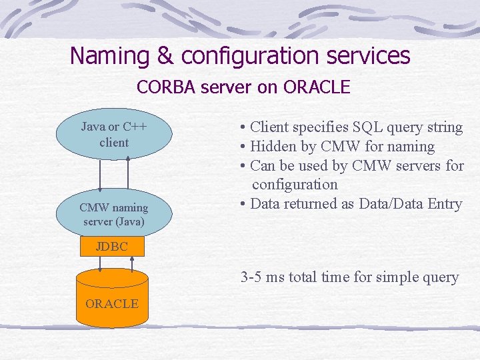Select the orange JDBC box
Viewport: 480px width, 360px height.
(112, 247)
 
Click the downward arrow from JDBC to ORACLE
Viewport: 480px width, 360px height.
(100, 264)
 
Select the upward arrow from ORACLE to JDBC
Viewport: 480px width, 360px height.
(132, 264)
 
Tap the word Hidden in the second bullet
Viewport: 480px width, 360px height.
(272, 146)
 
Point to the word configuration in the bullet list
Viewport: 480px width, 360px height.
(295, 184)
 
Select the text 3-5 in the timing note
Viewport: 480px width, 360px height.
(251, 277)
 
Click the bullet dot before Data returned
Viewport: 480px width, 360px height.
(244, 204)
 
